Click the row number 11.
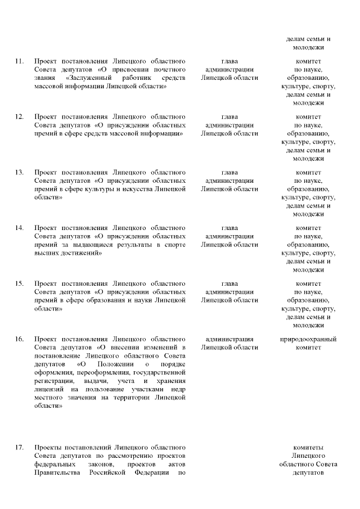(19, 61)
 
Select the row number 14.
(19, 228)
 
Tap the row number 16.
(19, 339)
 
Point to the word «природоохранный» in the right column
(308, 339)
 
